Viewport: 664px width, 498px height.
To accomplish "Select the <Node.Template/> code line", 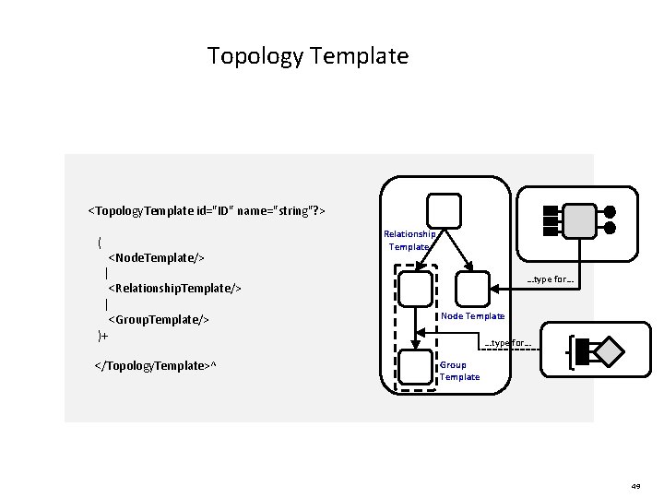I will click(156, 257).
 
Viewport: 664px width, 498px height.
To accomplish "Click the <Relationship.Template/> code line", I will click(174, 289).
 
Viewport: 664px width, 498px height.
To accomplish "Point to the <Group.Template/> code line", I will click(159, 319).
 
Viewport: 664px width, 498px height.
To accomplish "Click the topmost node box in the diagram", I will click(444, 209).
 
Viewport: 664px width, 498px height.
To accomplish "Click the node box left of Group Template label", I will click(416, 367).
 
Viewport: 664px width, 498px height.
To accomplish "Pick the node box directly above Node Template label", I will click(474, 289).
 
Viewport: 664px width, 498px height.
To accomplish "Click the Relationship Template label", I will click(409, 241).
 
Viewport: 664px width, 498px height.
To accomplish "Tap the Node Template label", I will click(472, 316).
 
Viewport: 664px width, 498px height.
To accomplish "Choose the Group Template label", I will click(459, 371).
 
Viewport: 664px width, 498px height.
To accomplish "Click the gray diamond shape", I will click(608, 351).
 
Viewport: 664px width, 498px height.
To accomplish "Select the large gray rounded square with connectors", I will click(579, 220).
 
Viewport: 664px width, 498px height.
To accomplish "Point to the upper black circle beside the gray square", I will click(610, 211).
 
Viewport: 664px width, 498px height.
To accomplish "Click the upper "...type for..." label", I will click(551, 279).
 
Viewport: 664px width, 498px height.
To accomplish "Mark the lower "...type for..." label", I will click(508, 343).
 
